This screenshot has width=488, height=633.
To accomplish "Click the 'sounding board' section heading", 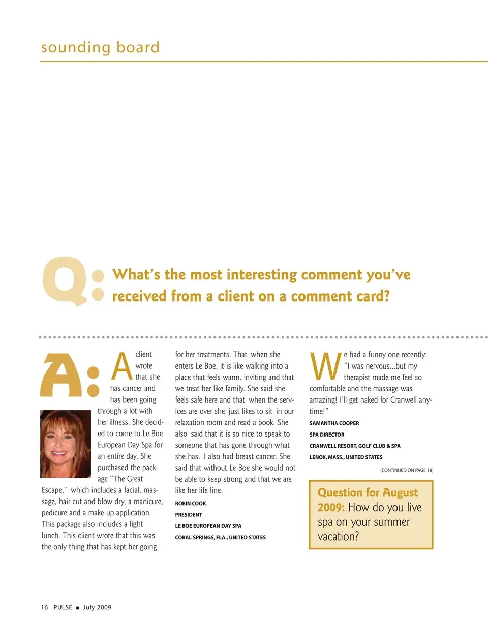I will tap(100, 47).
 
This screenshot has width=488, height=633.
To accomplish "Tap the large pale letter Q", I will tap(64, 281).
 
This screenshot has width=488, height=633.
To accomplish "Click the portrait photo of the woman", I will tap(66, 444).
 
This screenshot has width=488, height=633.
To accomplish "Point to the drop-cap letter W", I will tap(325, 366).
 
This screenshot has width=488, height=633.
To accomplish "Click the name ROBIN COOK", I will tap(191, 503).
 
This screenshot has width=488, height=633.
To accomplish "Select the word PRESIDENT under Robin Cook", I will tap(189, 515).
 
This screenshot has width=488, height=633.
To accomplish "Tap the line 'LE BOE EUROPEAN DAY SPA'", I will tap(208, 526).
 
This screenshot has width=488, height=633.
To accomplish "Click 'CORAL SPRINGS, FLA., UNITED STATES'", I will tap(221, 537).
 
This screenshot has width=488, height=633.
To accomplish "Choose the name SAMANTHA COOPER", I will tap(334, 423).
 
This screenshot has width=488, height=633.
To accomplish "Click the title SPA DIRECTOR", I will tap(327, 435).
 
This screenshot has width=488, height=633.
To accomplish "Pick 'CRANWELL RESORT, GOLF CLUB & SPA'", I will tap(355, 446).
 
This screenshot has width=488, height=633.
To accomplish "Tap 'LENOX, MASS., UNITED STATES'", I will tap(346, 457).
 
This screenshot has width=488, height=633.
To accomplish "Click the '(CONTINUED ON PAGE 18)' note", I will tap(407, 470).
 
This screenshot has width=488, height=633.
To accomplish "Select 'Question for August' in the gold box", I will tap(368, 493).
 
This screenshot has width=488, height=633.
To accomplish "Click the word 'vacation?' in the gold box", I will tap(338, 537).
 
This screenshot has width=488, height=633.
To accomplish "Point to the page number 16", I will tap(45, 607).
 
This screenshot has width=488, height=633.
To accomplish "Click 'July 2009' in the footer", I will tap(97, 607).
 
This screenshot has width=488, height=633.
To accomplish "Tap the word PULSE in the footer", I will tap(63, 607).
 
